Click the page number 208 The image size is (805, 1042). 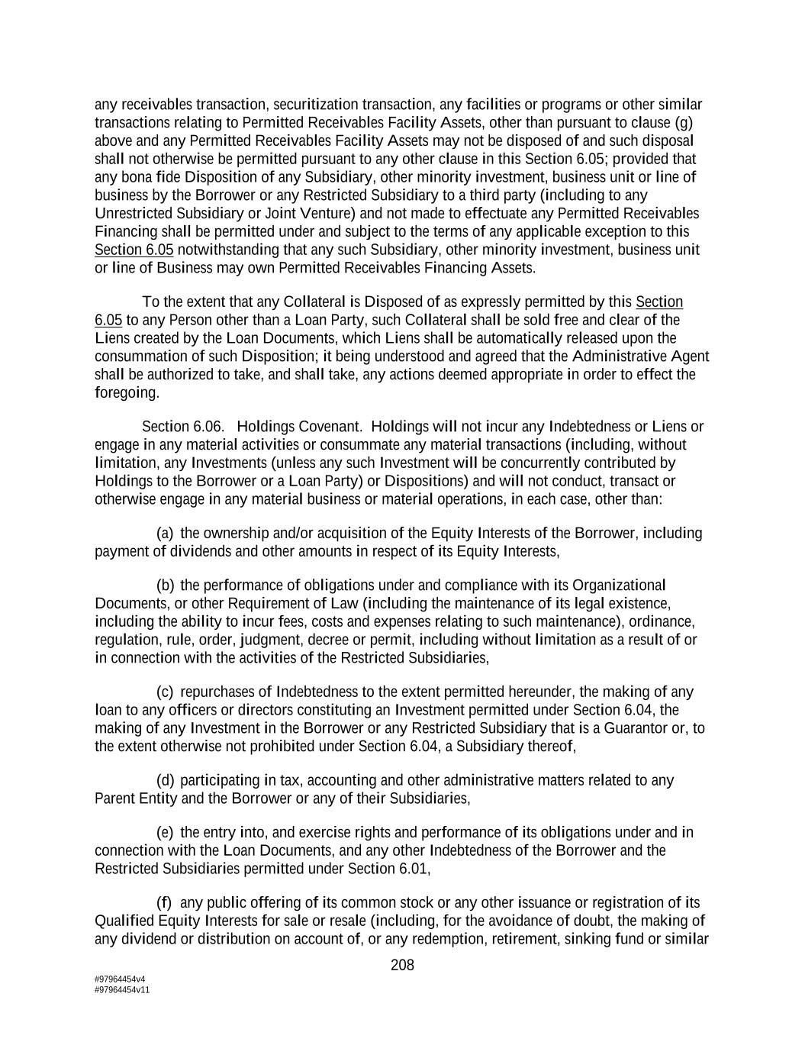coord(402,965)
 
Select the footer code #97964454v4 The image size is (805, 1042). coord(120,979)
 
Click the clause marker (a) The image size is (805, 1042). coord(165,533)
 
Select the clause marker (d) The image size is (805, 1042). coord(165,780)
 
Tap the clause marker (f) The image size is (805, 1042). coord(164,902)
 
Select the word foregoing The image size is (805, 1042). coord(127,392)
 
